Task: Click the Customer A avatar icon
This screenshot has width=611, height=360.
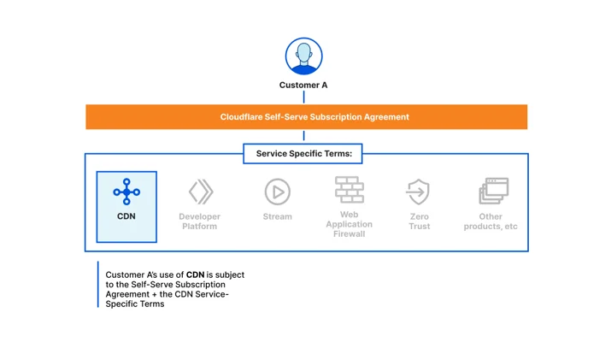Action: (x=303, y=56)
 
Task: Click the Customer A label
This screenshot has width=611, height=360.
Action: (x=303, y=85)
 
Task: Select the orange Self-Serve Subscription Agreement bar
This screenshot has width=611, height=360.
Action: (x=306, y=116)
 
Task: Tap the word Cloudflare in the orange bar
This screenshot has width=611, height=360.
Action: (x=241, y=117)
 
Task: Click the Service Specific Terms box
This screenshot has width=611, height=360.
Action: (x=303, y=154)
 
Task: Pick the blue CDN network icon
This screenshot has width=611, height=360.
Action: (x=126, y=192)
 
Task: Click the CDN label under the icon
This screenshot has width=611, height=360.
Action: (x=126, y=216)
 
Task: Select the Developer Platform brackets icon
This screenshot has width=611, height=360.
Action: (x=201, y=192)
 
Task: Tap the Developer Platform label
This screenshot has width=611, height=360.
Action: (x=199, y=221)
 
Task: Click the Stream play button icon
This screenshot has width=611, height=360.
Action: (x=278, y=192)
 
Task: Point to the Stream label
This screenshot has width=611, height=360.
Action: (x=277, y=216)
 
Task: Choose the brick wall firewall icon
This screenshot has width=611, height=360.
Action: (x=350, y=190)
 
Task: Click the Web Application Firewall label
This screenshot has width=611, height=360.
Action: (x=350, y=224)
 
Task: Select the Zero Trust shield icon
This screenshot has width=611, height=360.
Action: (x=418, y=192)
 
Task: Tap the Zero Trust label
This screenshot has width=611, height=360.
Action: (x=420, y=221)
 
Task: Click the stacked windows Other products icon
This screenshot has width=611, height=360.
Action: (x=494, y=191)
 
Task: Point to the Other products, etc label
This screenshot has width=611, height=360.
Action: (x=491, y=221)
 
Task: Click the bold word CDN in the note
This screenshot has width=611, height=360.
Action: (x=195, y=274)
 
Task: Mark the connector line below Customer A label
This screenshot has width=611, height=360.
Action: (x=303, y=97)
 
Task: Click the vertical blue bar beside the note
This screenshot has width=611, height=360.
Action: (x=97, y=285)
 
